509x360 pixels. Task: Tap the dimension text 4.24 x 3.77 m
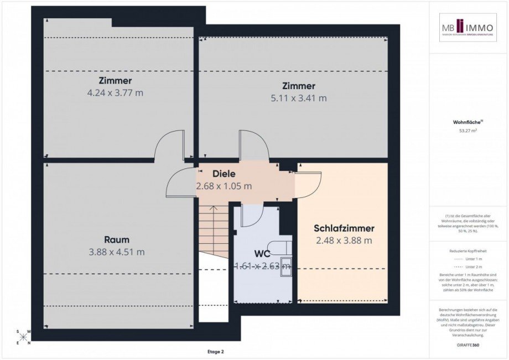click(115, 93)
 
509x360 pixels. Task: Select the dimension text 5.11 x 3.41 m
click(299, 98)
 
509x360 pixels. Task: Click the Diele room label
click(224, 174)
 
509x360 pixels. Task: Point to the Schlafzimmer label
click(344, 228)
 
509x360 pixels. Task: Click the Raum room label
click(117, 239)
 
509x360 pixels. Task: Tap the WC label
click(262, 254)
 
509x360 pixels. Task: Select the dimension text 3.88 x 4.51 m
click(117, 252)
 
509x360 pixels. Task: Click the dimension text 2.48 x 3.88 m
click(344, 241)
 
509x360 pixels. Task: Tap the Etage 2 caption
click(215, 351)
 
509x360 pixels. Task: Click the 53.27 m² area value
click(468, 131)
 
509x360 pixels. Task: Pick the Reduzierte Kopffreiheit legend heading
click(468, 251)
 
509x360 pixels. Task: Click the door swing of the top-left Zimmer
click(169, 145)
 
